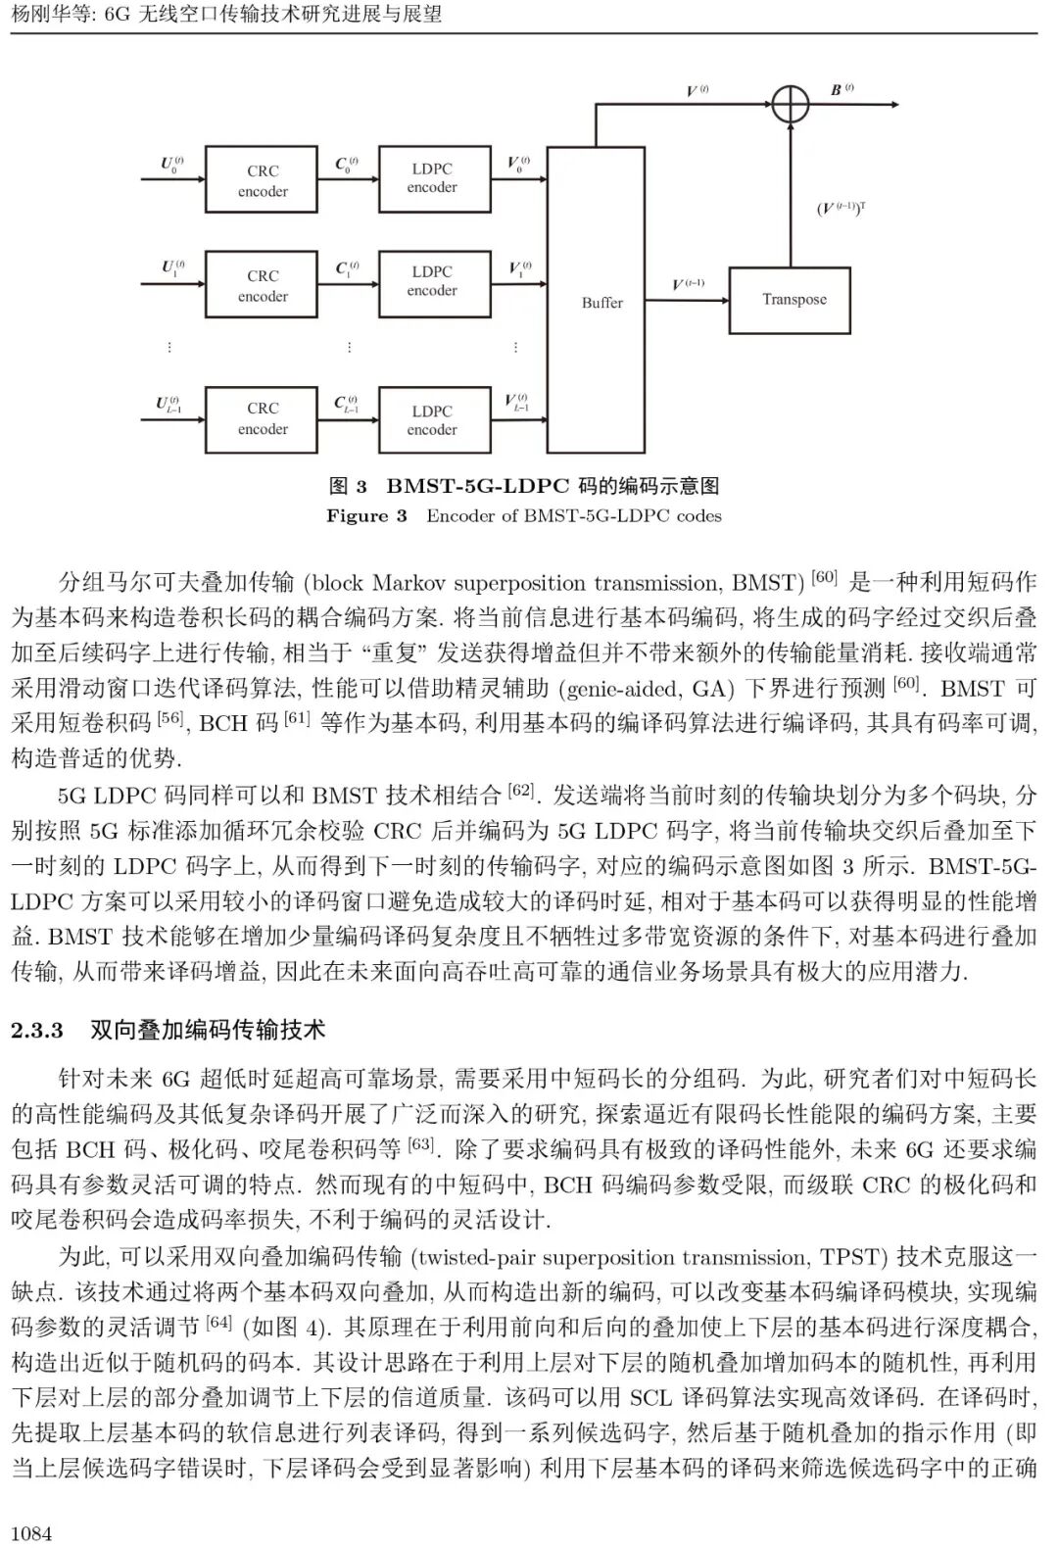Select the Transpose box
pyautogui.click(x=789, y=300)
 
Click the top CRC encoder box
pyautogui.click(x=262, y=180)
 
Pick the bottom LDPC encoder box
pyautogui.click(x=431, y=420)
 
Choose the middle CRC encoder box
pyautogui.click(x=262, y=285)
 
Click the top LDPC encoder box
pyautogui.click(x=431, y=178)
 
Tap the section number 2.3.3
pyautogui.click(x=37, y=1030)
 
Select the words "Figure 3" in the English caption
pyautogui.click(x=366, y=516)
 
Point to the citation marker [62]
pyautogui.click(x=520, y=791)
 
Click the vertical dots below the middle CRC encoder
pyautogui.click(x=349, y=348)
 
